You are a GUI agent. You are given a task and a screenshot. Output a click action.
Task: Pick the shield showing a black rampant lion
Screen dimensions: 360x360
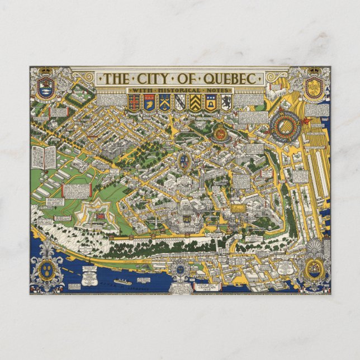pyautogui.click(x=225, y=102)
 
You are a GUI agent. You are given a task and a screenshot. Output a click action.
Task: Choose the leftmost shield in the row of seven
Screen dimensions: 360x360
pyautogui.click(x=134, y=102)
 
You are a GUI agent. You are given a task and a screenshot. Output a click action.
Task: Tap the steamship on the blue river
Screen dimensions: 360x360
pyautogui.click(x=123, y=281)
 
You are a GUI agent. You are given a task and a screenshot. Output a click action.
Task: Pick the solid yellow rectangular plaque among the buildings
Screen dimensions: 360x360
pyautogui.click(x=239, y=208)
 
